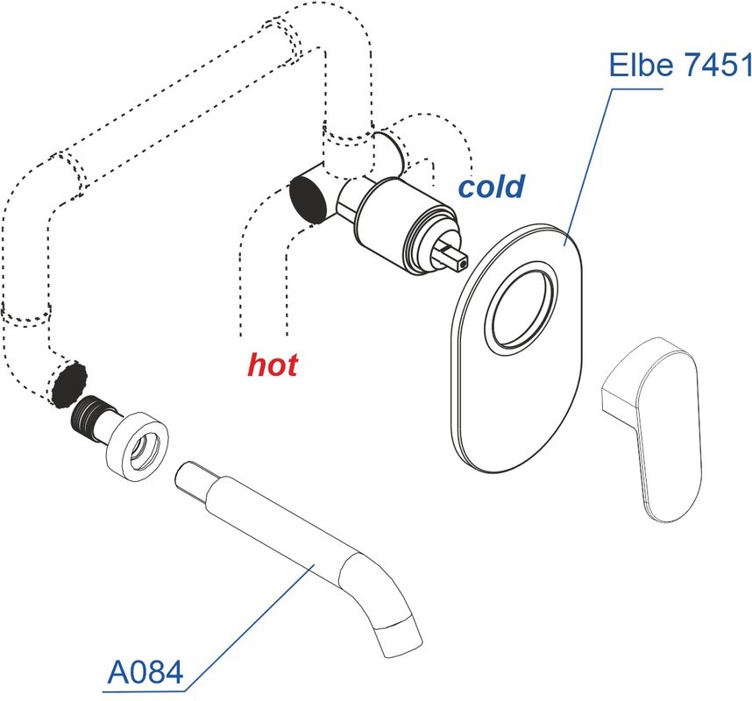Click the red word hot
[x=272, y=364]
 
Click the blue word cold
[x=492, y=186]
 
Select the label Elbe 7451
[x=679, y=64]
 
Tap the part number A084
[x=145, y=672]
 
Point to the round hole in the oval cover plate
[x=521, y=312]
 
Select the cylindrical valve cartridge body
[x=398, y=223]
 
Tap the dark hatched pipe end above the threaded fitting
[x=69, y=383]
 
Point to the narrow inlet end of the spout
[x=192, y=478]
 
